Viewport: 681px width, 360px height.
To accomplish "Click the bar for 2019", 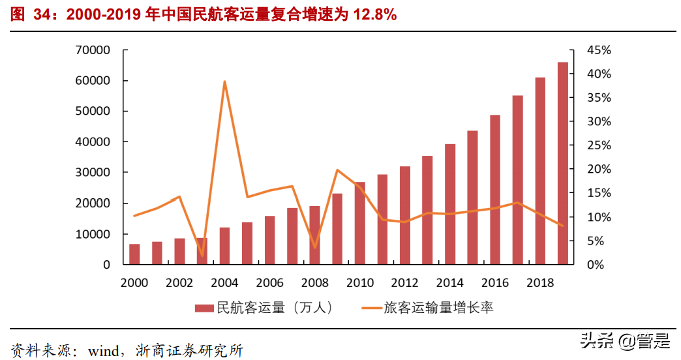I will (x=562, y=163).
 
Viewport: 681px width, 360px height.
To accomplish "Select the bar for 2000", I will (x=134, y=254).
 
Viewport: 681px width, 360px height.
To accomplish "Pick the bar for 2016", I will (x=495, y=190).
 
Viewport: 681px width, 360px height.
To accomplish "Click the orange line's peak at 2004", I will (x=224, y=82).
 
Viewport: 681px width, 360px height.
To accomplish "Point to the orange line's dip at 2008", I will (x=315, y=247).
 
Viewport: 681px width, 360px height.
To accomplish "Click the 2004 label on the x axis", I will (x=224, y=283).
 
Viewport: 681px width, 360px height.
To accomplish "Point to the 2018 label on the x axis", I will (x=540, y=283).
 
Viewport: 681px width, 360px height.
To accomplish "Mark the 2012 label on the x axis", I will (x=404, y=283).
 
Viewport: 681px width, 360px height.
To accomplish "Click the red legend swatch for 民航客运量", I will (x=204, y=307).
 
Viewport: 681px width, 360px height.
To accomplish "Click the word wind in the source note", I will (x=102, y=350).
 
